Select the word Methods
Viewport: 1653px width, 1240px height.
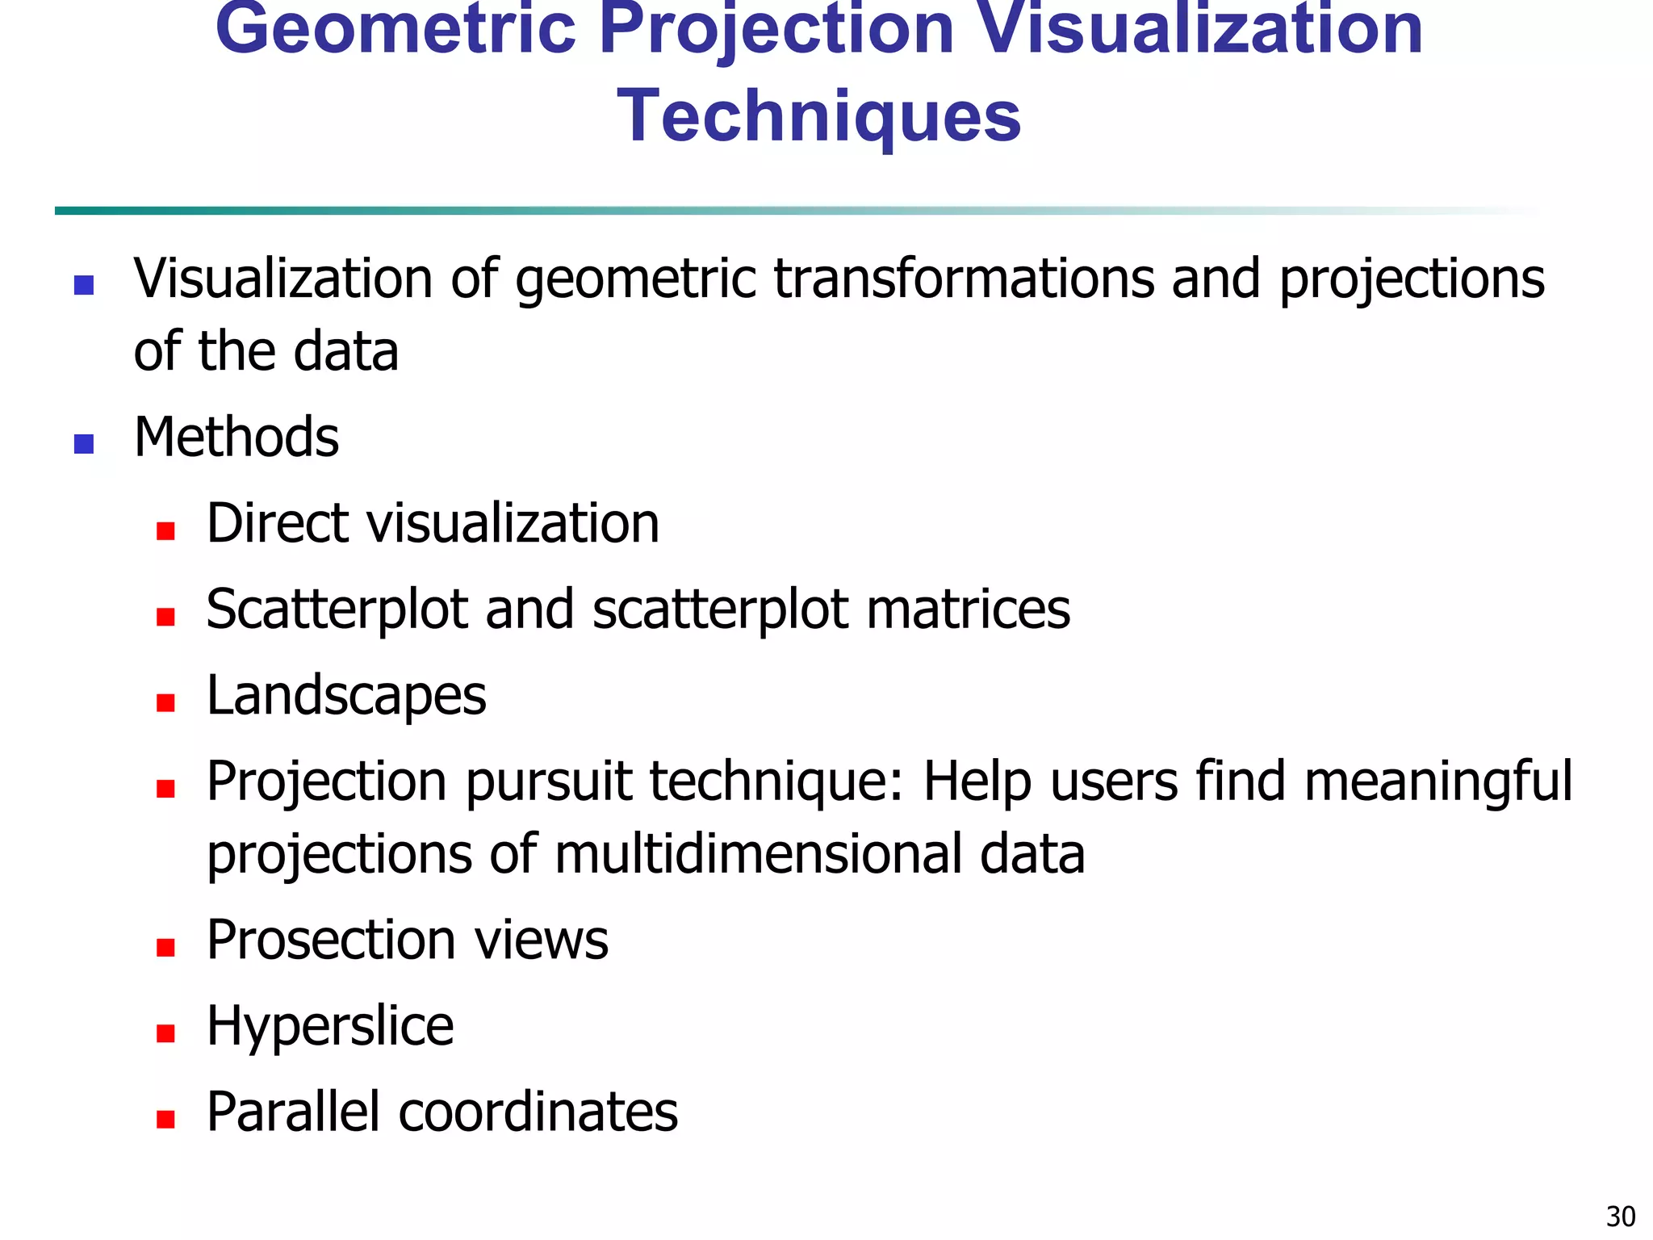coord(236,438)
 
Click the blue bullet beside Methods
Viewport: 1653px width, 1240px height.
coord(84,444)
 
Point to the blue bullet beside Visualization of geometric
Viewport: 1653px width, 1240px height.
coord(84,285)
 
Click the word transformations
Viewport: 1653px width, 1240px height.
coord(964,279)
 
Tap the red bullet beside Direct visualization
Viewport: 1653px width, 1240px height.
coord(166,530)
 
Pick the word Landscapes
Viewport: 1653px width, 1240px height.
coord(346,696)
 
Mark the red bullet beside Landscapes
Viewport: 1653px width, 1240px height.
coord(166,702)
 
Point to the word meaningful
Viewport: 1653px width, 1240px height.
coord(1437,783)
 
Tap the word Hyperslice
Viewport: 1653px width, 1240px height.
coord(330,1028)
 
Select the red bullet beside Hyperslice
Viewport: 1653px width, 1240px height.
coord(166,1033)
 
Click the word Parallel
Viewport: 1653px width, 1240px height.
coord(293,1112)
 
